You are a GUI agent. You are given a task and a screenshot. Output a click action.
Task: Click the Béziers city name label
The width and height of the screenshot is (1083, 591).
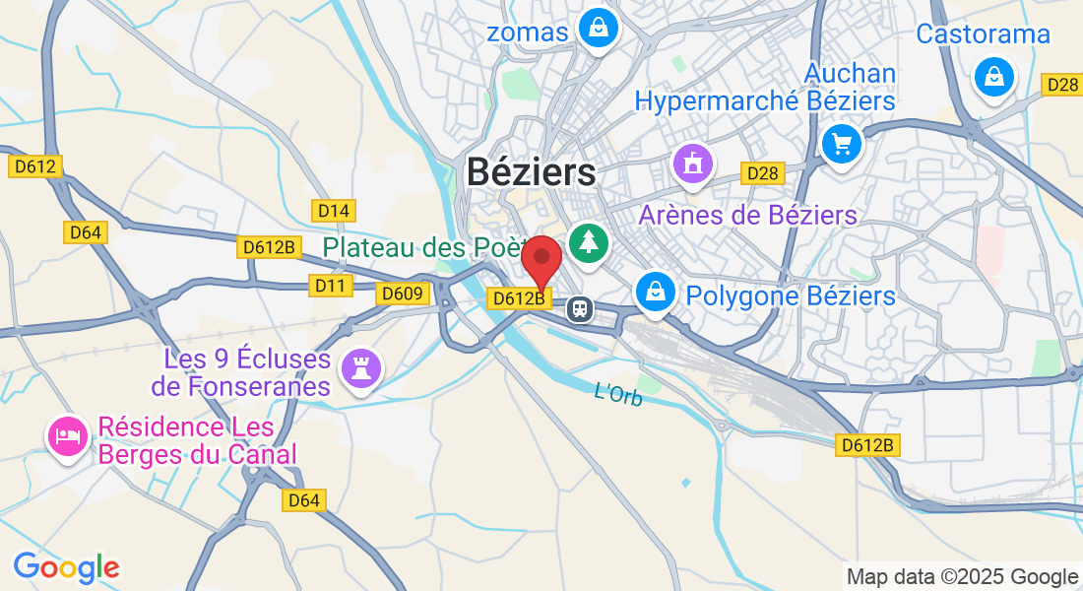point(531,172)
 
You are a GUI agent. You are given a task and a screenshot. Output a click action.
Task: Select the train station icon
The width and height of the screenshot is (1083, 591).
point(580,309)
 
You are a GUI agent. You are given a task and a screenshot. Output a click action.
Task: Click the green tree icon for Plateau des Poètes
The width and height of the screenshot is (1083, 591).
point(589,242)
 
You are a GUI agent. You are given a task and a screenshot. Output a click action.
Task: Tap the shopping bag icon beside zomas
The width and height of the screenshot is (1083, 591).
point(598,29)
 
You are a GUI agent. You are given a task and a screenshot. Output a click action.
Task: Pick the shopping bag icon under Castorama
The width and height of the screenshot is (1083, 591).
point(994,76)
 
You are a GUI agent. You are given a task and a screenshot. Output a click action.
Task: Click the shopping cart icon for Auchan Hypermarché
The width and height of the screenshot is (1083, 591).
point(841,146)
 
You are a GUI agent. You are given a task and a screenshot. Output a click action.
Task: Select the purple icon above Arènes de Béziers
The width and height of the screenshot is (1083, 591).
point(693,164)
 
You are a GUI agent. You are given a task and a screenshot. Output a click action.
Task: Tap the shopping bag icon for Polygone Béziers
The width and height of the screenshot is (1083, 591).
point(654,291)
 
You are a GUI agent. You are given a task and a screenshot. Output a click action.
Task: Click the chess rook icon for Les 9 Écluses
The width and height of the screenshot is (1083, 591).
point(358,369)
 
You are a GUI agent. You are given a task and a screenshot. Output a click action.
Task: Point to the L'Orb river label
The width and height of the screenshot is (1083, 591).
point(618,393)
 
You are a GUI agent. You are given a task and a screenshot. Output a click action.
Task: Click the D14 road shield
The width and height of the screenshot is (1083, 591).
point(333,210)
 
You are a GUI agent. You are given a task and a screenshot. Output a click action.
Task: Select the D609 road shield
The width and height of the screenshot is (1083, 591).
point(402,293)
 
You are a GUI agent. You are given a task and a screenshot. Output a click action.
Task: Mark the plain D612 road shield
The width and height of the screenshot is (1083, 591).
point(35,166)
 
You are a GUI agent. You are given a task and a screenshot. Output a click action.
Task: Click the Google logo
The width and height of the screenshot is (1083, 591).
point(66,567)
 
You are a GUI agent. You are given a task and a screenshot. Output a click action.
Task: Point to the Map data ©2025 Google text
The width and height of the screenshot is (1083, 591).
point(962,577)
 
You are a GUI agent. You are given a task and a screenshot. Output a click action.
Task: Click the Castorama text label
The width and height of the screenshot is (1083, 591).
point(983,33)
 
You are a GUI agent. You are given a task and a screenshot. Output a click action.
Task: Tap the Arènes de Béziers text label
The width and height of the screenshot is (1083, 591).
point(748,215)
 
